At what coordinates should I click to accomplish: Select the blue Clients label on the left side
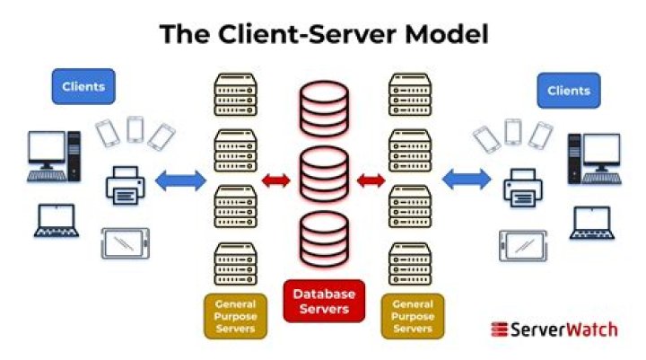(83, 87)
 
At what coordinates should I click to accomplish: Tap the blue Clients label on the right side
(567, 91)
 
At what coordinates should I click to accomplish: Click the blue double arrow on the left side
(180, 181)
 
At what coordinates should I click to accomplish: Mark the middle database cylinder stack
(324, 174)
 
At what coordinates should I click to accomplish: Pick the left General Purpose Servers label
(236, 317)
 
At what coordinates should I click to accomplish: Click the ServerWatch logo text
(564, 329)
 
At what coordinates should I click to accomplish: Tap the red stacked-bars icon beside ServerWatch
(500, 329)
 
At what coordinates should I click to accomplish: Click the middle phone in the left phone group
(135, 129)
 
